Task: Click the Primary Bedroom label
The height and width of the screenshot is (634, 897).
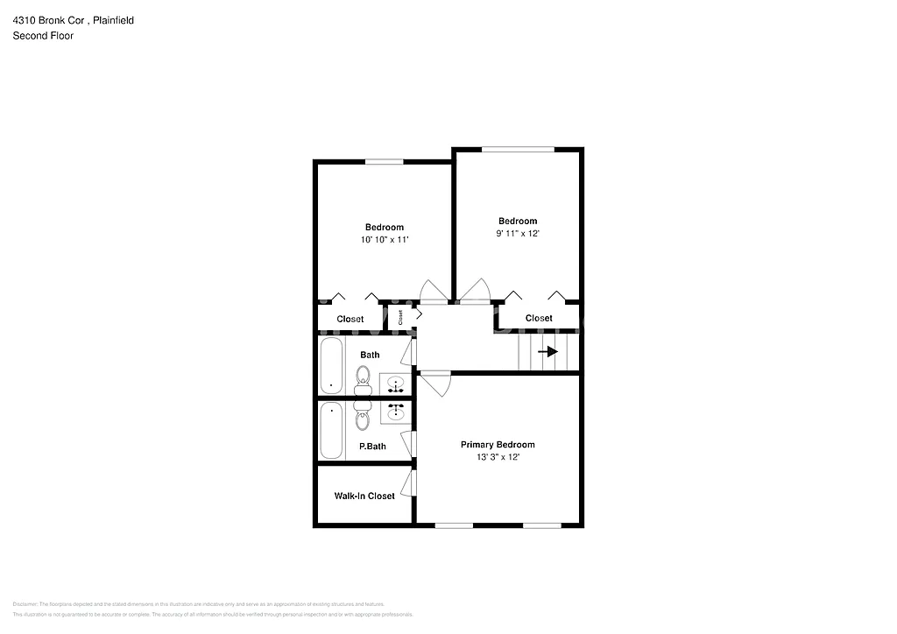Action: [x=498, y=445]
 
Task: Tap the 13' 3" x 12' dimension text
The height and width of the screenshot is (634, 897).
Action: [x=498, y=458]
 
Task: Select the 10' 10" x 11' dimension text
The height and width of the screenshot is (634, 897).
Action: [x=385, y=239]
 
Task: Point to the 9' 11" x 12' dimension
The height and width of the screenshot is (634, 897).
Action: [x=518, y=234]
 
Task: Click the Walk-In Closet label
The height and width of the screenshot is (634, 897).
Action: [x=364, y=497]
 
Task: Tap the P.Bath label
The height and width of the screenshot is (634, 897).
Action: [x=372, y=447]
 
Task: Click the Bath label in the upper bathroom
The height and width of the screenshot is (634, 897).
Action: [x=371, y=355]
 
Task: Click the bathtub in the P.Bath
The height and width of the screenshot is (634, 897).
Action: [x=331, y=430]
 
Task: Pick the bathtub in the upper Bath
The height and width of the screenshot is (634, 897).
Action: [x=331, y=366]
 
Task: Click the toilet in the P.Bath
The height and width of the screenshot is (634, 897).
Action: [x=363, y=419]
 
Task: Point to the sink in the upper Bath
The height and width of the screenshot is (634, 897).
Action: [x=396, y=384]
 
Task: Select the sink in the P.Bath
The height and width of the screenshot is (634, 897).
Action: [x=396, y=410]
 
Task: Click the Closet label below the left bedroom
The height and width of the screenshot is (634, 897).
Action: [x=350, y=320]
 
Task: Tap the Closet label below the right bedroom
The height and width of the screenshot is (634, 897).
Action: [x=539, y=318]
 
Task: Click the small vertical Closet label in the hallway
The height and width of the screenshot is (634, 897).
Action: [x=400, y=317]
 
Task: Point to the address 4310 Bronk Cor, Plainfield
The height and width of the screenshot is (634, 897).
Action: [x=73, y=20]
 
